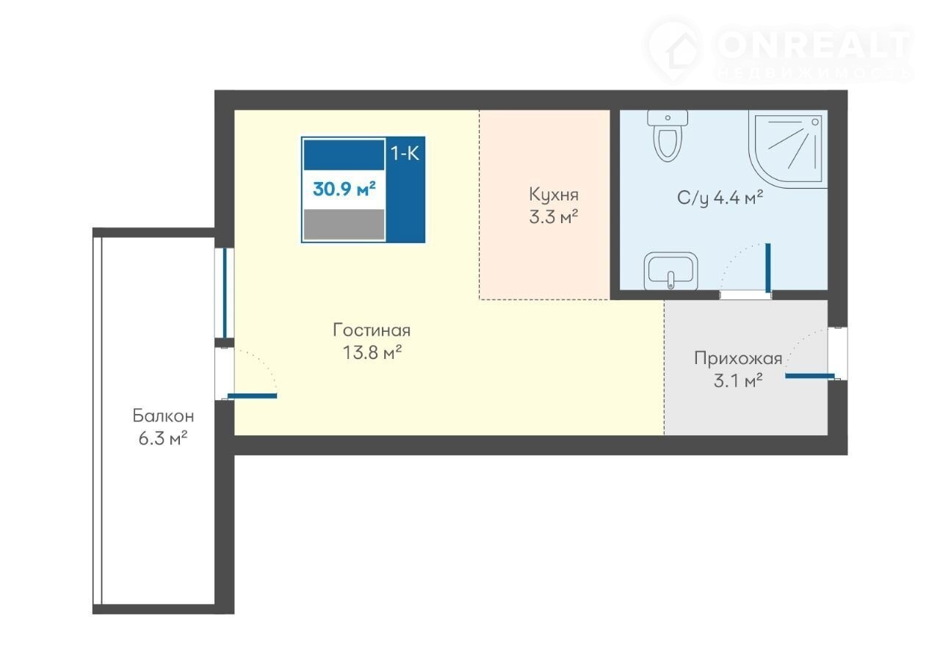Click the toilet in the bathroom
click(x=668, y=135)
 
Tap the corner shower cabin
click(x=788, y=149)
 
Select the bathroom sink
click(x=670, y=271)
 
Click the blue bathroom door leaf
click(x=768, y=268)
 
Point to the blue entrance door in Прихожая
click(x=810, y=376)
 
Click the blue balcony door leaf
click(x=252, y=396)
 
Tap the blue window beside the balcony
click(x=225, y=293)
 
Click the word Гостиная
click(x=372, y=330)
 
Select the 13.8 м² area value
click(x=372, y=352)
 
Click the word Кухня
click(x=554, y=195)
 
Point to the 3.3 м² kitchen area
click(x=554, y=217)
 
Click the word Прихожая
click(x=738, y=358)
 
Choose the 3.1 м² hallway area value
click(x=738, y=381)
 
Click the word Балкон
click(x=163, y=415)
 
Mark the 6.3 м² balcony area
click(x=163, y=439)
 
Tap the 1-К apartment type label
click(x=405, y=153)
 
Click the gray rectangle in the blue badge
click(x=344, y=225)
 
